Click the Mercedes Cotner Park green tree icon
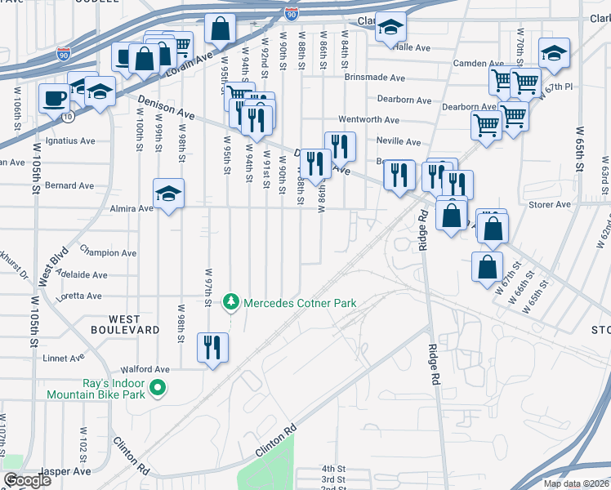233,303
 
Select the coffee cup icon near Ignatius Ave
55,99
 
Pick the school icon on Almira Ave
168,194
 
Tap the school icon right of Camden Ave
554,53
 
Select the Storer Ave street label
550,205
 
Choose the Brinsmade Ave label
375,78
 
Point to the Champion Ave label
108,253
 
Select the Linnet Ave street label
63,358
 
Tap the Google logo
27,480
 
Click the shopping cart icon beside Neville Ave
485,127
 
